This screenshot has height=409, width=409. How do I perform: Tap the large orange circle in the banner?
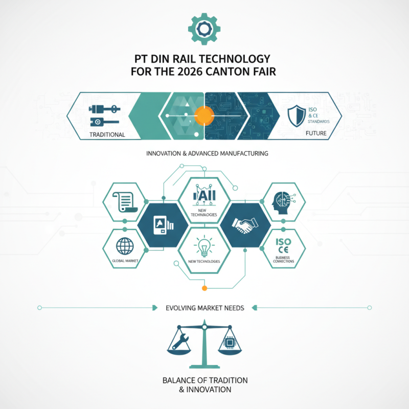(204, 115)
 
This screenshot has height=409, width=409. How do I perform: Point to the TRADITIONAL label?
(107, 134)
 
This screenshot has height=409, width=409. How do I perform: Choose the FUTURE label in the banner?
(315, 133)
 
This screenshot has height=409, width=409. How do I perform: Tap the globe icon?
(124, 246)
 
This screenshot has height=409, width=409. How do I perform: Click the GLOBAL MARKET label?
(125, 261)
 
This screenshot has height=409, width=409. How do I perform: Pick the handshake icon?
(244, 225)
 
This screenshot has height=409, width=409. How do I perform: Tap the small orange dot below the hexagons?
(204, 288)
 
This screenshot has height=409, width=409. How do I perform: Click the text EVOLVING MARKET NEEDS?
(204, 308)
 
